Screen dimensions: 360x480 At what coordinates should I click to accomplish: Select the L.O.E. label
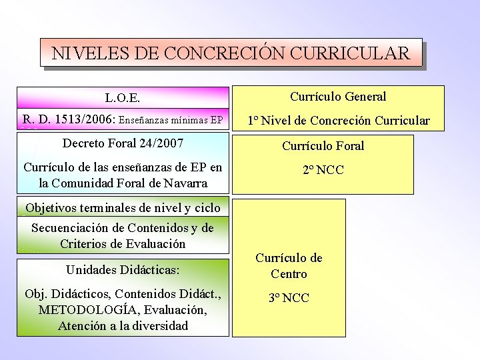[123, 98]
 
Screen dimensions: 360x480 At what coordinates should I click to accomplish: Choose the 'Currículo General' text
[338, 97]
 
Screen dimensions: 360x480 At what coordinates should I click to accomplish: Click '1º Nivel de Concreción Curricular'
[339, 121]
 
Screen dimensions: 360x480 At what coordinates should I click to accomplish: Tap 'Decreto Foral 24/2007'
[123, 143]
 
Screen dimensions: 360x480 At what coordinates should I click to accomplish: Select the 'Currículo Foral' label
[323, 145]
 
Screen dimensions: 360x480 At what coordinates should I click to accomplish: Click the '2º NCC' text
[323, 170]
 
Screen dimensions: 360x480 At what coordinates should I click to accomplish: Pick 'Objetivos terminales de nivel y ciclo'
[123, 207]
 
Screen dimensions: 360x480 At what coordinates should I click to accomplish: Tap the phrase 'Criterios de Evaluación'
[123, 243]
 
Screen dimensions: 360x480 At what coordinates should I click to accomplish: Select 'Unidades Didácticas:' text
[123, 269]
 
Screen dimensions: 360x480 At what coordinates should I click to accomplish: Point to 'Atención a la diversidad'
[123, 326]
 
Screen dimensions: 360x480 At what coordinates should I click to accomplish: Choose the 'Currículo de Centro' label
[289, 266]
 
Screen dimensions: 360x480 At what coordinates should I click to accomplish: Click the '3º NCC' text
[289, 298]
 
